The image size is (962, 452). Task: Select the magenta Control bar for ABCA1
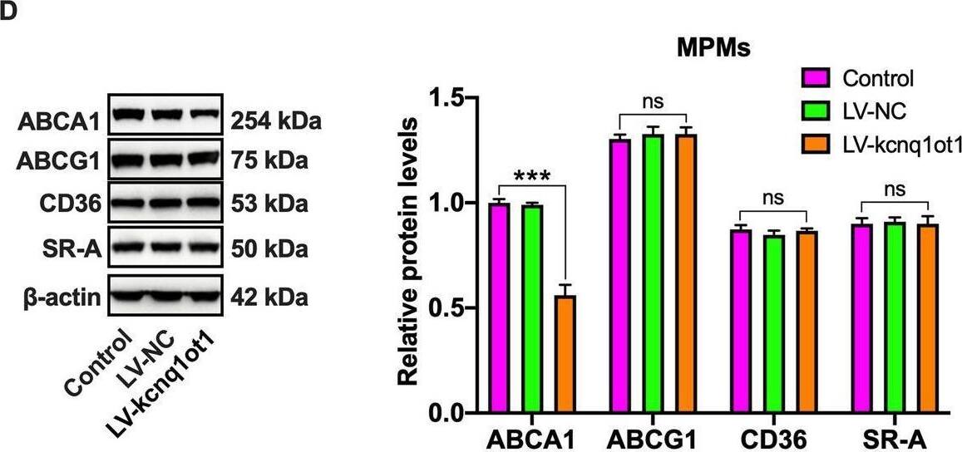click(499, 307)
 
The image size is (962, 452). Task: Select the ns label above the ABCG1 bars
click(651, 102)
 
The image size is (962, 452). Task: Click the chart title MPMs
click(713, 49)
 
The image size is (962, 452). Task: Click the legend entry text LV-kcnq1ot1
click(901, 145)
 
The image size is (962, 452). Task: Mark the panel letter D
click(9, 11)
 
